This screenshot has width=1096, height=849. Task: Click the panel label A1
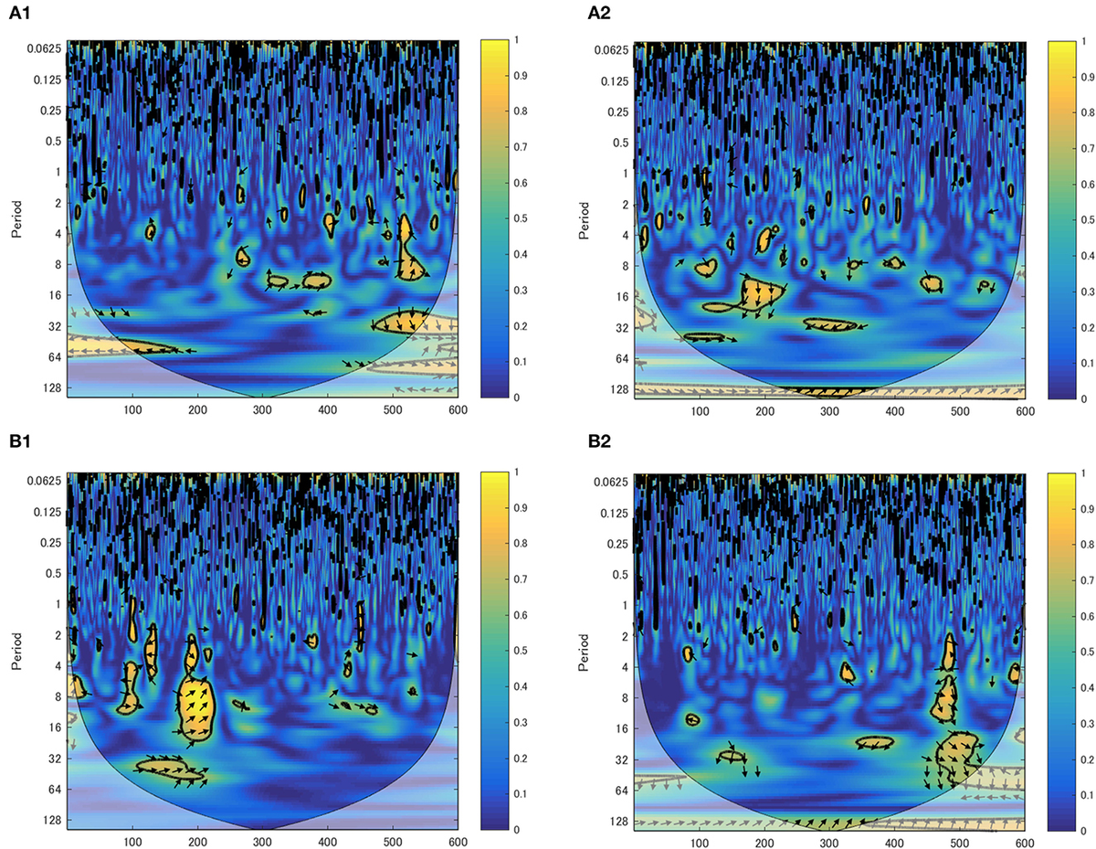click(x=21, y=16)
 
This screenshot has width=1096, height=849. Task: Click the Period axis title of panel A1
click(x=16, y=219)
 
